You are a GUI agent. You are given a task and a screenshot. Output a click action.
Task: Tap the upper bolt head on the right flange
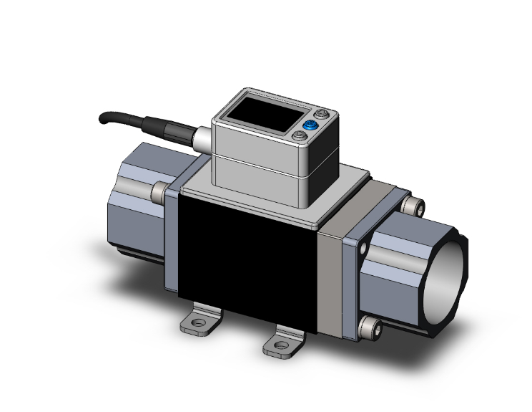[x=412, y=206]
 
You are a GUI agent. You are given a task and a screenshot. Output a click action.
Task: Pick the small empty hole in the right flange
[x=363, y=248]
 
